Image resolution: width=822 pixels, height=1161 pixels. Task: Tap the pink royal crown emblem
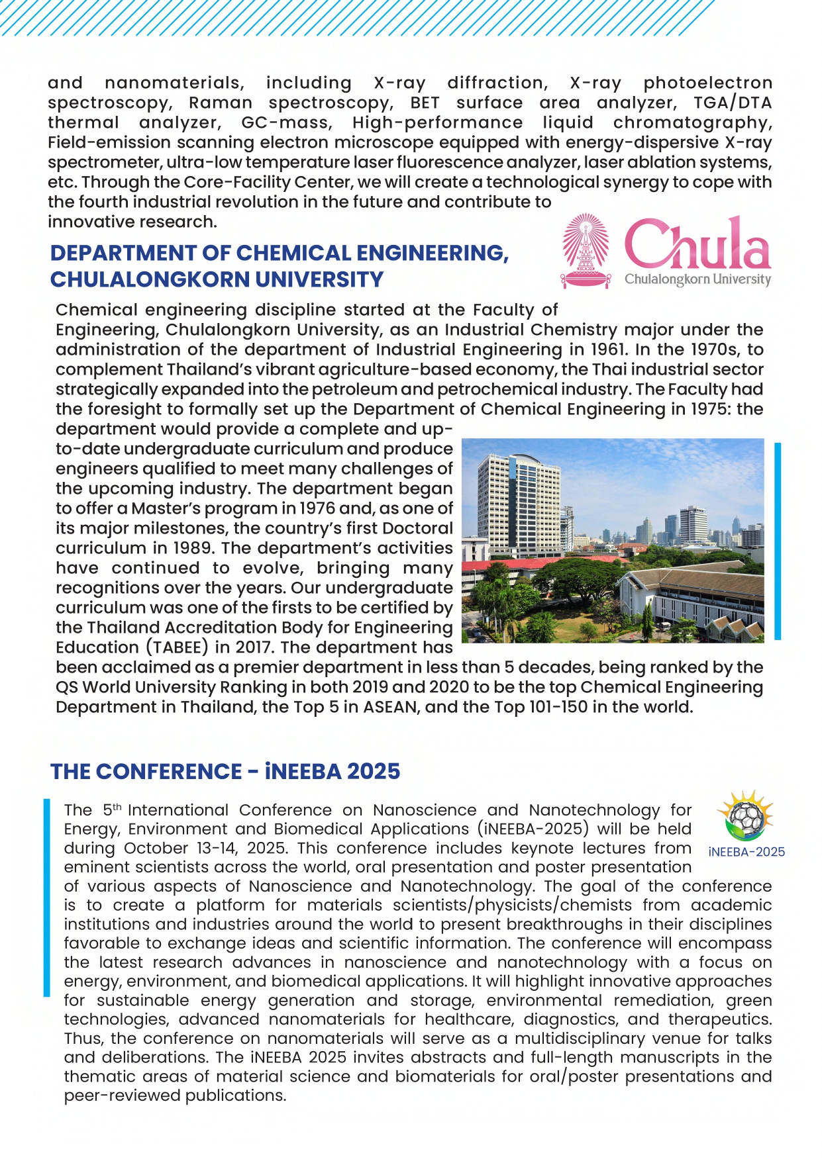click(586, 250)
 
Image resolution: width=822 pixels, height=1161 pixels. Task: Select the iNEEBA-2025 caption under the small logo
click(746, 852)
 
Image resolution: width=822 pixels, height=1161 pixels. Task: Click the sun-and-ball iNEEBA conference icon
click(746, 816)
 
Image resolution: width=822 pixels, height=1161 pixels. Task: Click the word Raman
click(221, 103)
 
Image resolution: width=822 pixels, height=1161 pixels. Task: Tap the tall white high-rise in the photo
click(517, 503)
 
